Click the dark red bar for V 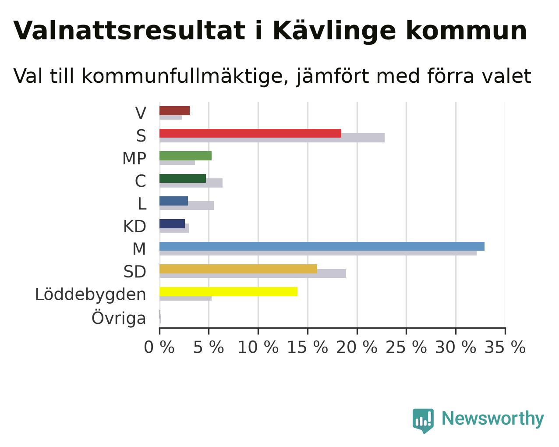[174, 111]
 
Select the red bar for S [251, 133]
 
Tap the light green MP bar [185, 156]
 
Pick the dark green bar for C [183, 178]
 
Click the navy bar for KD [172, 224]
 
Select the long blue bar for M [322, 246]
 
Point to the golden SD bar [238, 269]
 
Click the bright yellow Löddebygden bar [228, 291]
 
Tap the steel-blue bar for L [173, 201]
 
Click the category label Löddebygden [90, 295]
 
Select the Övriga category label [119, 318]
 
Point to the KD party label [134, 227]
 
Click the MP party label [134, 159]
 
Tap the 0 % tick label [159, 347]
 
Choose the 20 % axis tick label [357, 347]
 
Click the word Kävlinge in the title [334, 32]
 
